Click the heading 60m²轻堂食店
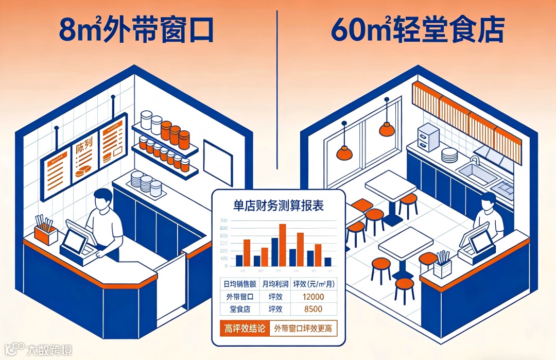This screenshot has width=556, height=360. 417,31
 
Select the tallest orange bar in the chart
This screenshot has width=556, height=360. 282,245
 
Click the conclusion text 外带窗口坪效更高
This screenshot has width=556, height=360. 303,329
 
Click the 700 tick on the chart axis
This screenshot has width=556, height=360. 223,221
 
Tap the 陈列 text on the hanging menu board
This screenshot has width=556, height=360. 83,148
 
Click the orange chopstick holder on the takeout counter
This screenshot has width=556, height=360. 46,234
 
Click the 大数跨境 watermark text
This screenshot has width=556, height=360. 49,350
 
